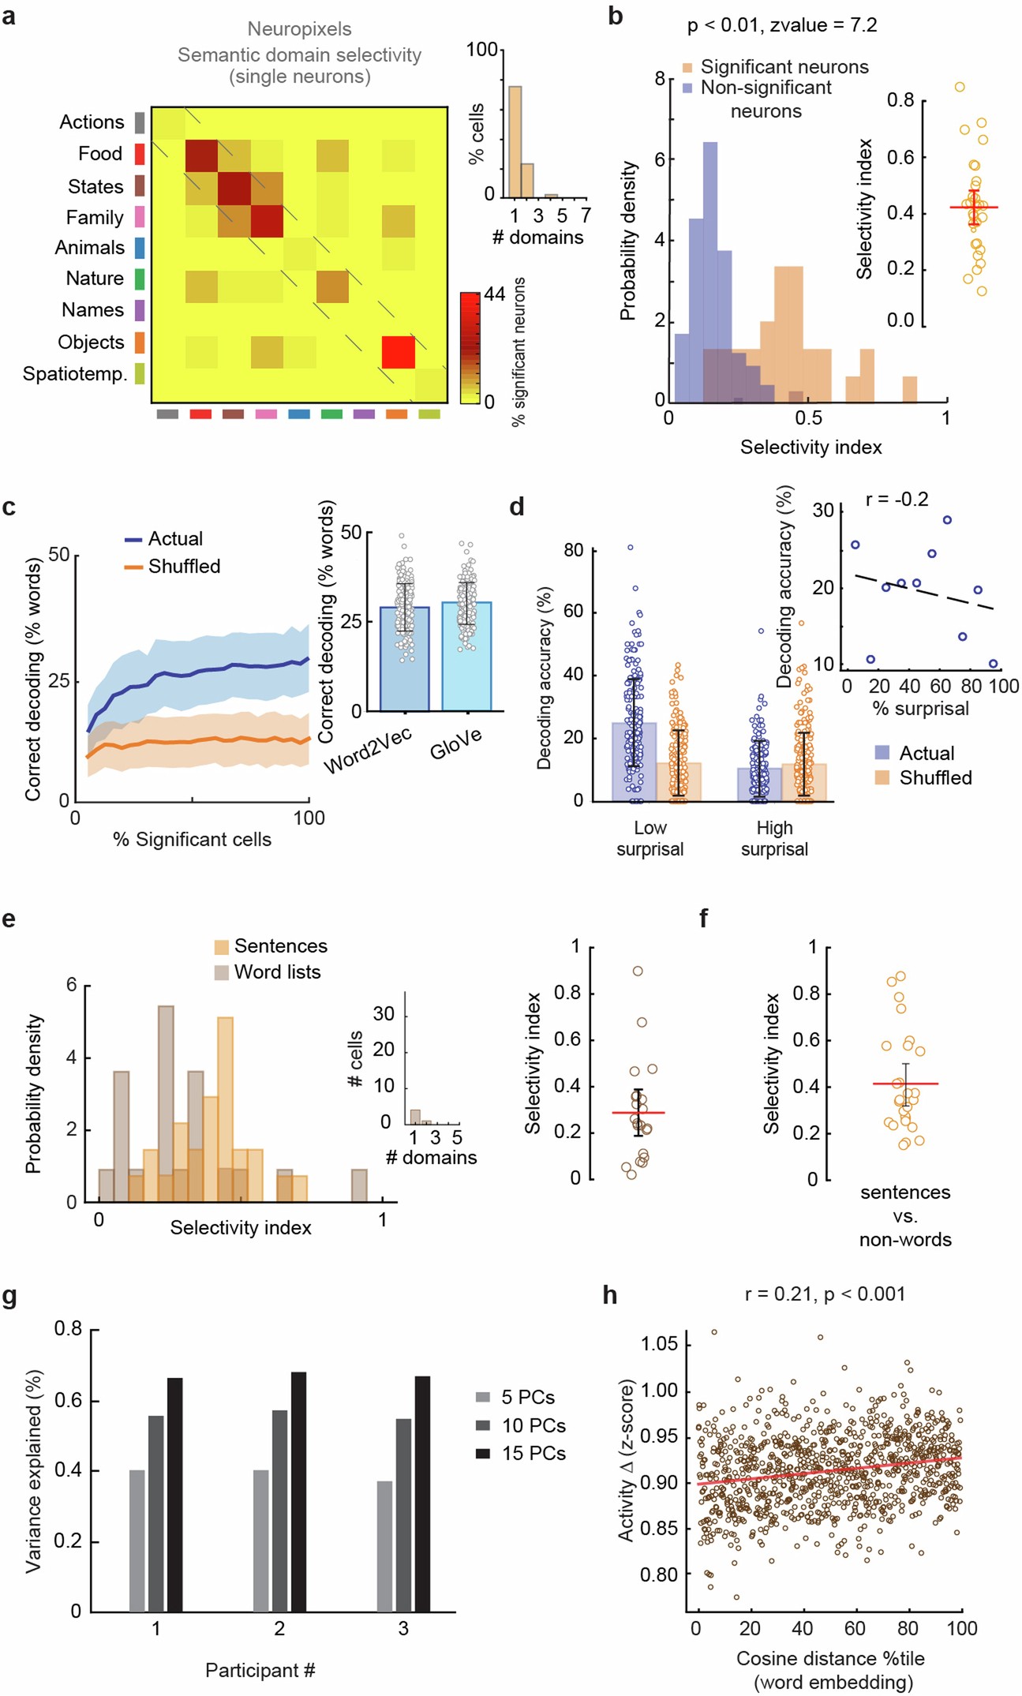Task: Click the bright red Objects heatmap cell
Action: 398,352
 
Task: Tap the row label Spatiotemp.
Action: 75,373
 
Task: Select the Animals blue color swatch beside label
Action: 140,248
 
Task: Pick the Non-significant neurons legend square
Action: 687,88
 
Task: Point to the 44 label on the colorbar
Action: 494,294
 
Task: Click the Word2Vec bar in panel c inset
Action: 404,658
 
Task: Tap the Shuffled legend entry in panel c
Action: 183,567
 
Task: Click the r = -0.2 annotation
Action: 897,499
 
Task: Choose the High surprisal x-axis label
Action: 773,838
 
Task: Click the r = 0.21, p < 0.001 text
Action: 825,1294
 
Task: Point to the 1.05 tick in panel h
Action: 660,1343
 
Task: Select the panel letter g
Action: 9,1297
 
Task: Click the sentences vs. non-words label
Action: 904,1215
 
